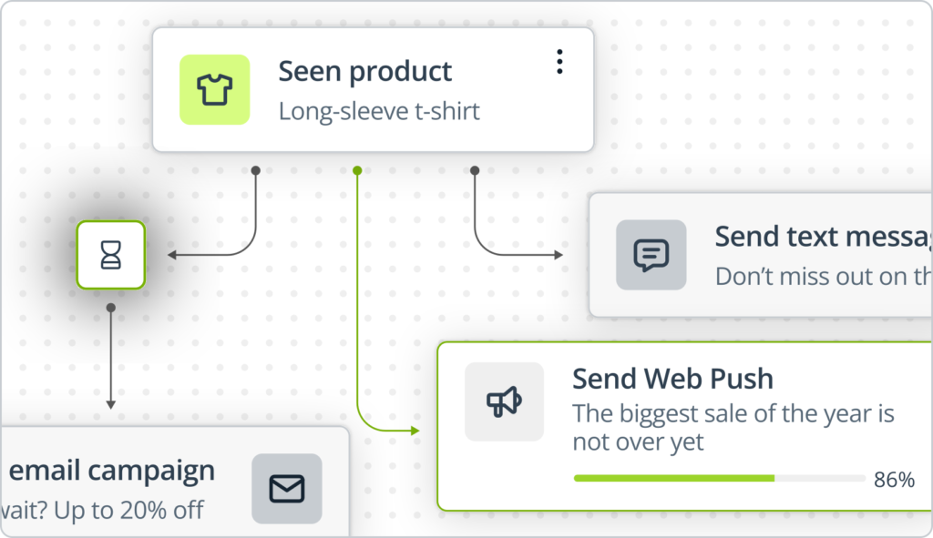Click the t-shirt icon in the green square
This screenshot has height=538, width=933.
[215, 89]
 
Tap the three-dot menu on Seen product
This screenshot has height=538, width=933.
[559, 62]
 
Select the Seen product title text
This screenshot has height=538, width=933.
[364, 71]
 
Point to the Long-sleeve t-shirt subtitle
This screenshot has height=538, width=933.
[379, 112]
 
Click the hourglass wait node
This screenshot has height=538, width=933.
[111, 256]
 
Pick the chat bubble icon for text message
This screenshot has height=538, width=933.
[651, 255]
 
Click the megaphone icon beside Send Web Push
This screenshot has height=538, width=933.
[504, 401]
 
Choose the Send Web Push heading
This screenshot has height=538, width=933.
[672, 379]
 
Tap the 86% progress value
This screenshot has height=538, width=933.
[894, 480]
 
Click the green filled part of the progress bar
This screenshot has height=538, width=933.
[674, 477]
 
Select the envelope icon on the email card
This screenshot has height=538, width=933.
[287, 489]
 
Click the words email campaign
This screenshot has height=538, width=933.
[112, 471]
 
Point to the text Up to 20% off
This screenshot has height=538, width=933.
[128, 510]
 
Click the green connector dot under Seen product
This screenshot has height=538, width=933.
[357, 170]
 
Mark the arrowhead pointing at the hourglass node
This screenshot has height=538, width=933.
[171, 257]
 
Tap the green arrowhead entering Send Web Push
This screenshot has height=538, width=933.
[415, 430]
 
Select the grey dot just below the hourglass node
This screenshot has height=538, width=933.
[110, 308]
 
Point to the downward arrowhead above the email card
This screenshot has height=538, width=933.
[110, 403]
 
